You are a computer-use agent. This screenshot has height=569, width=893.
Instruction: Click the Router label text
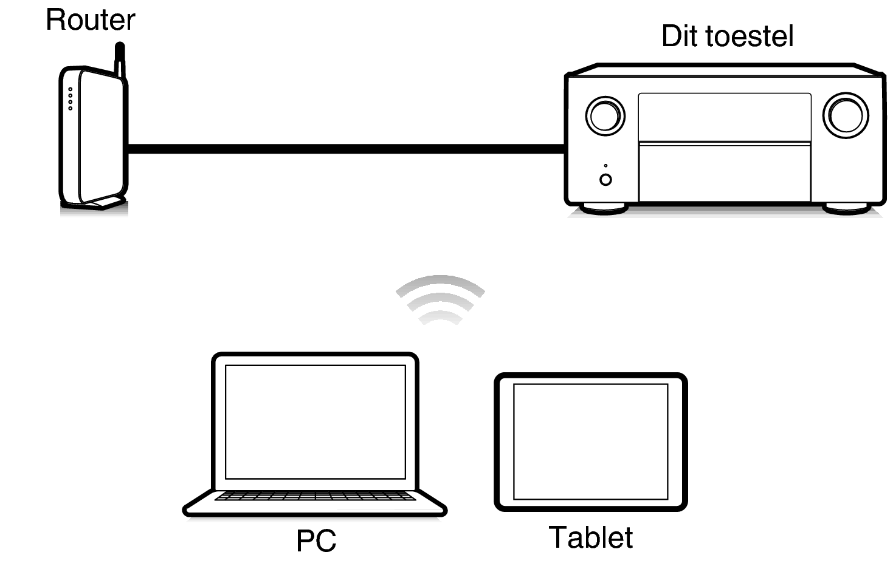coord(90,20)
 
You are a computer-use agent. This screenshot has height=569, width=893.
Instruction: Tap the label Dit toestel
coord(727,36)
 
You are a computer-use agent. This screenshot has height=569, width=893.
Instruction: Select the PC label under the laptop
coord(316,540)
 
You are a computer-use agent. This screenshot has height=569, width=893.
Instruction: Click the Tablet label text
coord(590,537)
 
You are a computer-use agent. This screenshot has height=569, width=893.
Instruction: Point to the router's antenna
coord(120,58)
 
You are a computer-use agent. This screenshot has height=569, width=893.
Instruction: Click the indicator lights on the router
coord(71,99)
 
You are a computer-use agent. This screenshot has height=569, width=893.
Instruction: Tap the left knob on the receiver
coord(605,115)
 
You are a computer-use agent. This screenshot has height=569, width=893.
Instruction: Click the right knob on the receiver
coord(845,115)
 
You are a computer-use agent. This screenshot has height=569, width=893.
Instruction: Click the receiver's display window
coord(725,117)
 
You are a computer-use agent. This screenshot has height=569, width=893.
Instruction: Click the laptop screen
coord(315,421)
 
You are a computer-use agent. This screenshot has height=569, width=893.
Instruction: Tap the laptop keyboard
coord(315,496)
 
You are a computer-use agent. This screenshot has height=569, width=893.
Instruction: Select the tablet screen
coord(590,441)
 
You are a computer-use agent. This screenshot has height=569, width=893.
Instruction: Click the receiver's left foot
coord(603,208)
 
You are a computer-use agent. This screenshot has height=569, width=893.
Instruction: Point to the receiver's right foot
coord(846,208)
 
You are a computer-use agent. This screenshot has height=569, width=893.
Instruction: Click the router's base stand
coord(103,203)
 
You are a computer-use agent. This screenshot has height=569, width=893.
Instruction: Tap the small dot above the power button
coord(605,165)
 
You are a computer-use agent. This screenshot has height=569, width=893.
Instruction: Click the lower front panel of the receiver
coord(725,172)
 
